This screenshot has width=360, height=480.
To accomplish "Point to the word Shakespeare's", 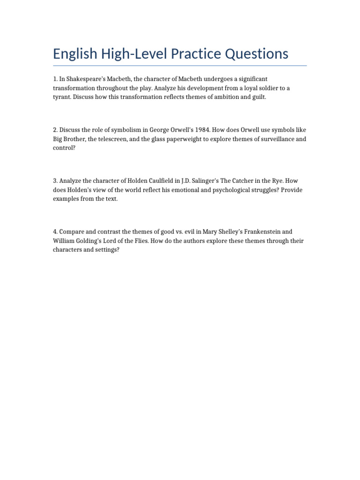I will tap(82, 79).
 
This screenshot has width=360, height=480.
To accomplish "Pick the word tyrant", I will tap(62, 97).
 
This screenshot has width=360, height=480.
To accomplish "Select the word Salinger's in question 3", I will tap(203, 181).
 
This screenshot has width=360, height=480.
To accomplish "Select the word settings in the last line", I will tap(105, 250).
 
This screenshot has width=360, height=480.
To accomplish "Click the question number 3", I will tap(55, 181).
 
